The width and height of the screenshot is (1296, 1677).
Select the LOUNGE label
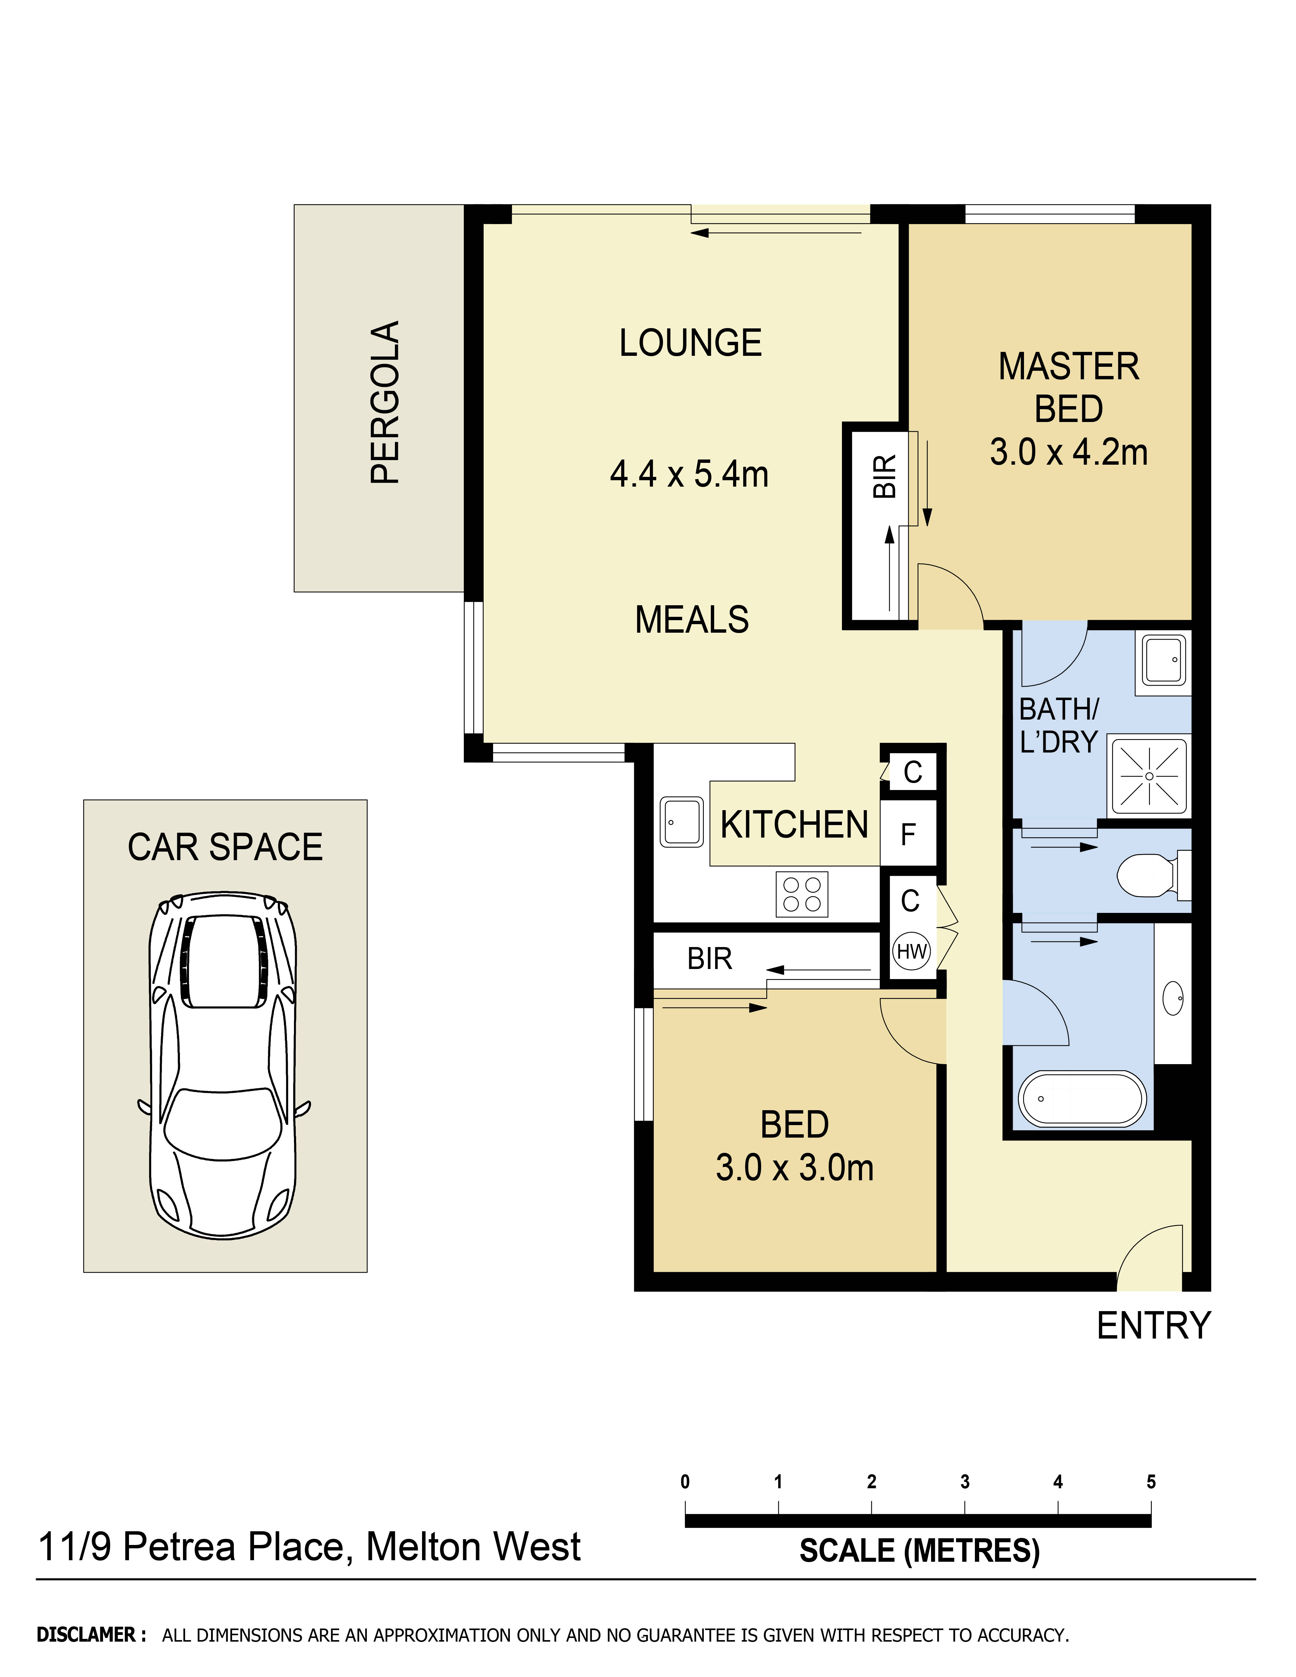(690, 343)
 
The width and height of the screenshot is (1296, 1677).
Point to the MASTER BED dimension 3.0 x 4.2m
(1068, 452)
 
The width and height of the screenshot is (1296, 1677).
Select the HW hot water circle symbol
(911, 951)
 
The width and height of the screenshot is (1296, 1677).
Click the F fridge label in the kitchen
(908, 834)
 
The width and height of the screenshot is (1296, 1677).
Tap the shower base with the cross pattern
(1149, 776)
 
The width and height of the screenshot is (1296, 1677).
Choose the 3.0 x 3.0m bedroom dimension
(795, 1168)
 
